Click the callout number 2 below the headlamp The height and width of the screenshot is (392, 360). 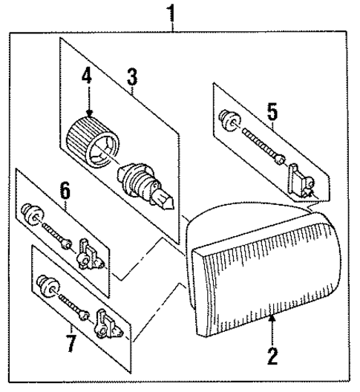point(272,357)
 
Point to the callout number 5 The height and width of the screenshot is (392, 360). point(272,113)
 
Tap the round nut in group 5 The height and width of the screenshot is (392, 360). point(228,117)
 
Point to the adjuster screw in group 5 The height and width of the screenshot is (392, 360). point(260,144)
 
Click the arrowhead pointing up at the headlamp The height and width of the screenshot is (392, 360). point(272,319)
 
